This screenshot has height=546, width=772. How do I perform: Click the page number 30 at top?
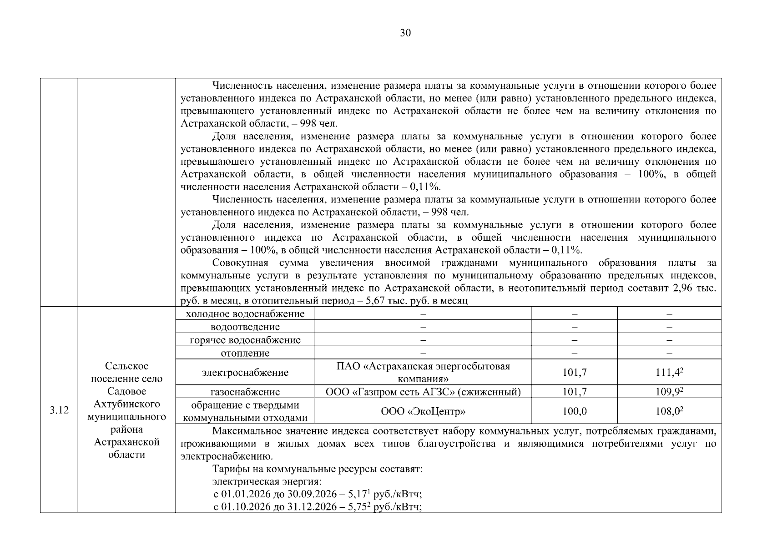(405, 33)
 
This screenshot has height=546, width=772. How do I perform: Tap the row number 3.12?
(59, 410)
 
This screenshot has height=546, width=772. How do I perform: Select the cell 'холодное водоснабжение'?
(245, 314)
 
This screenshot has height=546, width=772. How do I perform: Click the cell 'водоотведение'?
(245, 327)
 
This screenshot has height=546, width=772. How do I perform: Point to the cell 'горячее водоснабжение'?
(245, 340)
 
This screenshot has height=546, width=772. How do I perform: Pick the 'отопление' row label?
(245, 353)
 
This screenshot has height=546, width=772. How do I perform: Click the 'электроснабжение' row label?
(245, 373)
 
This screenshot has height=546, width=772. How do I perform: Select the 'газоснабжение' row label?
(245, 392)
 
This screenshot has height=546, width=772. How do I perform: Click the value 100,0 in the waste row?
(574, 411)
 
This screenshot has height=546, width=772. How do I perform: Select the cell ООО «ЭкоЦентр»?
(423, 411)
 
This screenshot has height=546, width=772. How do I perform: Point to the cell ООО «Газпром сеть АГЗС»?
(423, 392)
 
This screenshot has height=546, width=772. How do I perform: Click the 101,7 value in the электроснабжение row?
(574, 373)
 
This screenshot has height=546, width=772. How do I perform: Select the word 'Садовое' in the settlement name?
(126, 391)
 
